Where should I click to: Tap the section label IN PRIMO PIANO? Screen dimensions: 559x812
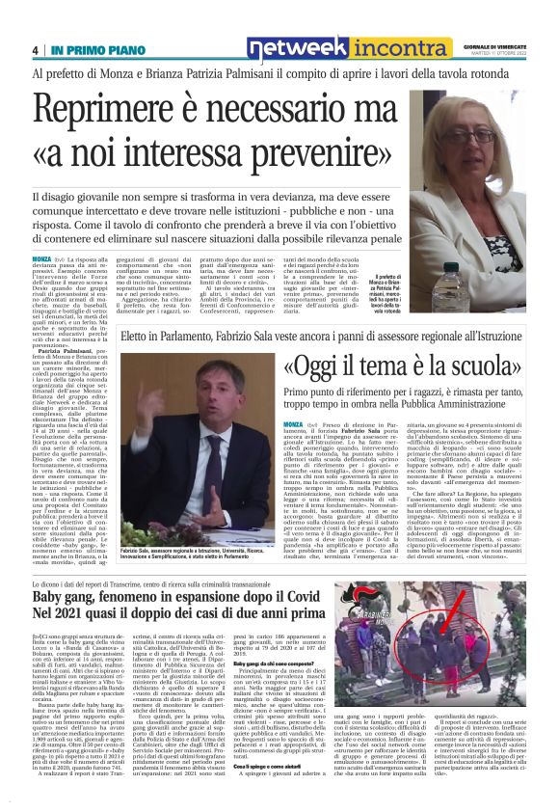click(x=89, y=50)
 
